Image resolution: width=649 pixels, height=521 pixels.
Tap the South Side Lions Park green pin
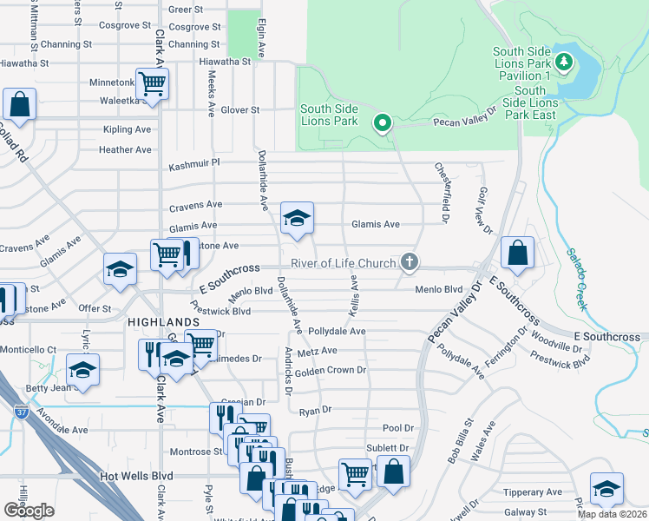[x=381, y=122]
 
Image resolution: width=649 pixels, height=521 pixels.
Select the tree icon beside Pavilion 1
[x=565, y=62]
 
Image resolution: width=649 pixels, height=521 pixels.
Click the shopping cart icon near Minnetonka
[x=153, y=84]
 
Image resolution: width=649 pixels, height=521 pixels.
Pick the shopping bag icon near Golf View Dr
[x=517, y=253]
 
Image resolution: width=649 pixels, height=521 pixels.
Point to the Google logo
[x=29, y=511]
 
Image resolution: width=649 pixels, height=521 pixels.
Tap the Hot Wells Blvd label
[x=136, y=476]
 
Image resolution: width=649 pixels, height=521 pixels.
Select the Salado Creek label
[x=578, y=280]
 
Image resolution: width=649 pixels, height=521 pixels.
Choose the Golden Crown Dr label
[x=331, y=371]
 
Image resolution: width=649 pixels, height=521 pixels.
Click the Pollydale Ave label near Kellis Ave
[x=338, y=332]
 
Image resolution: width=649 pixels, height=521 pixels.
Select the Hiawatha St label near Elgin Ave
[x=222, y=62]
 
